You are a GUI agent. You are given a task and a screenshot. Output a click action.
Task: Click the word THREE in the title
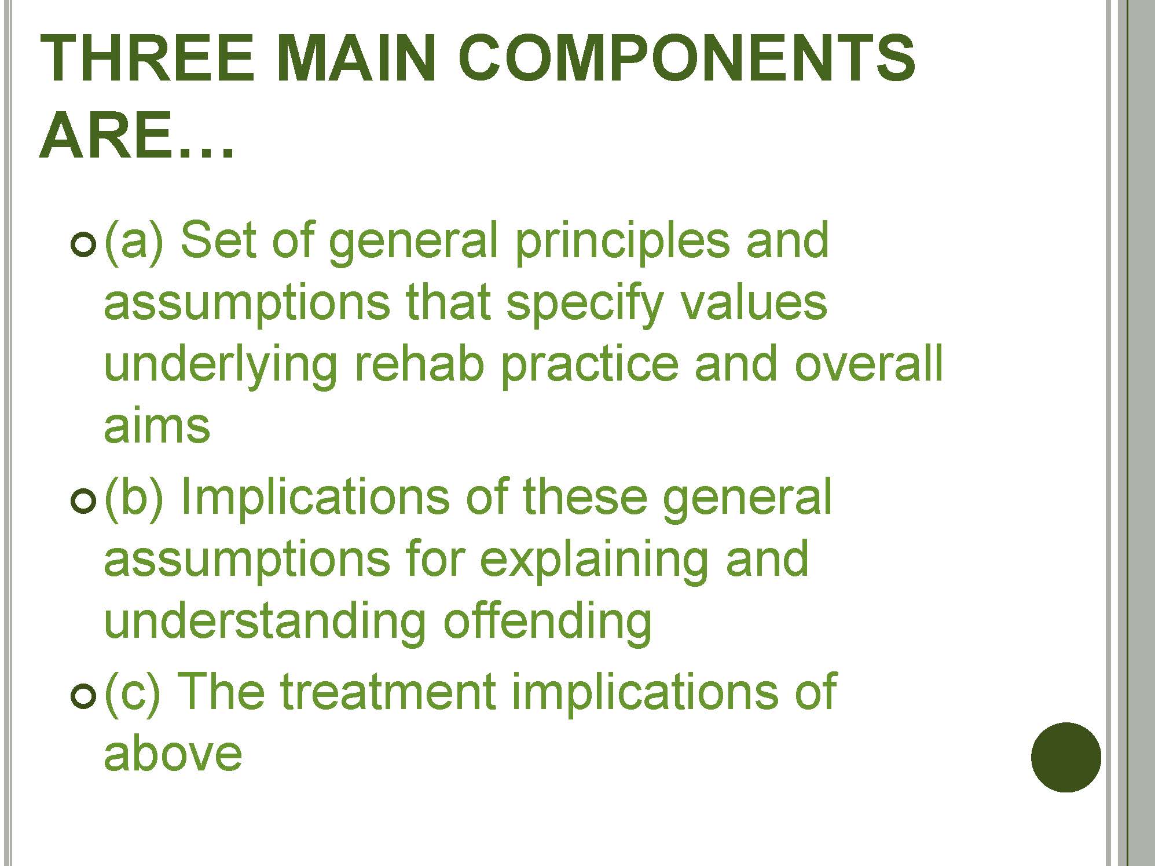[x=148, y=58]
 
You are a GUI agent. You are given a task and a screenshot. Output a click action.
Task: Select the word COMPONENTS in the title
[x=687, y=58]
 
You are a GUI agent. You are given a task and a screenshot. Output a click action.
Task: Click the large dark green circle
[x=1066, y=757]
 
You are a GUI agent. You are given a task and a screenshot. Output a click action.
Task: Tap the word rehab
[x=418, y=364]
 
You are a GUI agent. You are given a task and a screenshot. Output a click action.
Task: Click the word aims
[x=157, y=426]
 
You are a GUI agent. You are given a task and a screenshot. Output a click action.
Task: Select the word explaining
[x=594, y=561]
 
